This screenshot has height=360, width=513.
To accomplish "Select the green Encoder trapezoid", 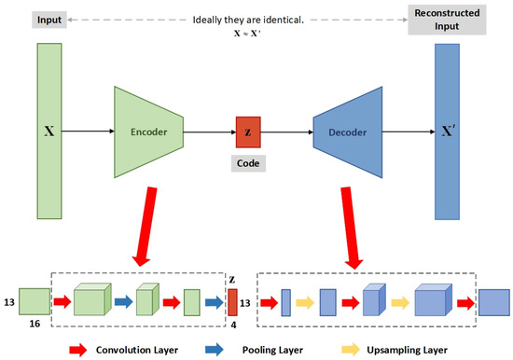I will click(150, 132).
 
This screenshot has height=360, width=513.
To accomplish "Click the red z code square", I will click(247, 132).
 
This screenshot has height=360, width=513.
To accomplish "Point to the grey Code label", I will click(247, 162).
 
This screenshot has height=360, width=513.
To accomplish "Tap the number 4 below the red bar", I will click(234, 324).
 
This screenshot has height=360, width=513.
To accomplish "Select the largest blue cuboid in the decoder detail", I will click(435, 302).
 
